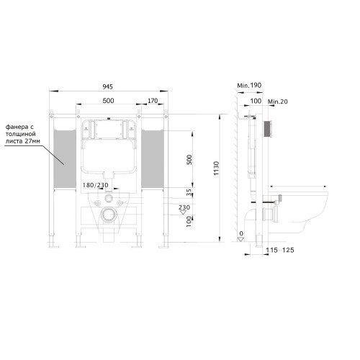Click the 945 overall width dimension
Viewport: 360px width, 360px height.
107,86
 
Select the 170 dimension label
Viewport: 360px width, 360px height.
153,101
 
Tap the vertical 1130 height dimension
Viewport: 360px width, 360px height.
216,168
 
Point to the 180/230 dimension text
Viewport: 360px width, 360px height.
96,185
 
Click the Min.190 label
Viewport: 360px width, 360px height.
249,85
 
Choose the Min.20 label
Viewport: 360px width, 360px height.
277,102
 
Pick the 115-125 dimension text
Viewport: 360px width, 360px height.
280,250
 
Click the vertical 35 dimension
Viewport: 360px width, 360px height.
189,192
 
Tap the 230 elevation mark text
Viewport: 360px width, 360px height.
184,207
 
